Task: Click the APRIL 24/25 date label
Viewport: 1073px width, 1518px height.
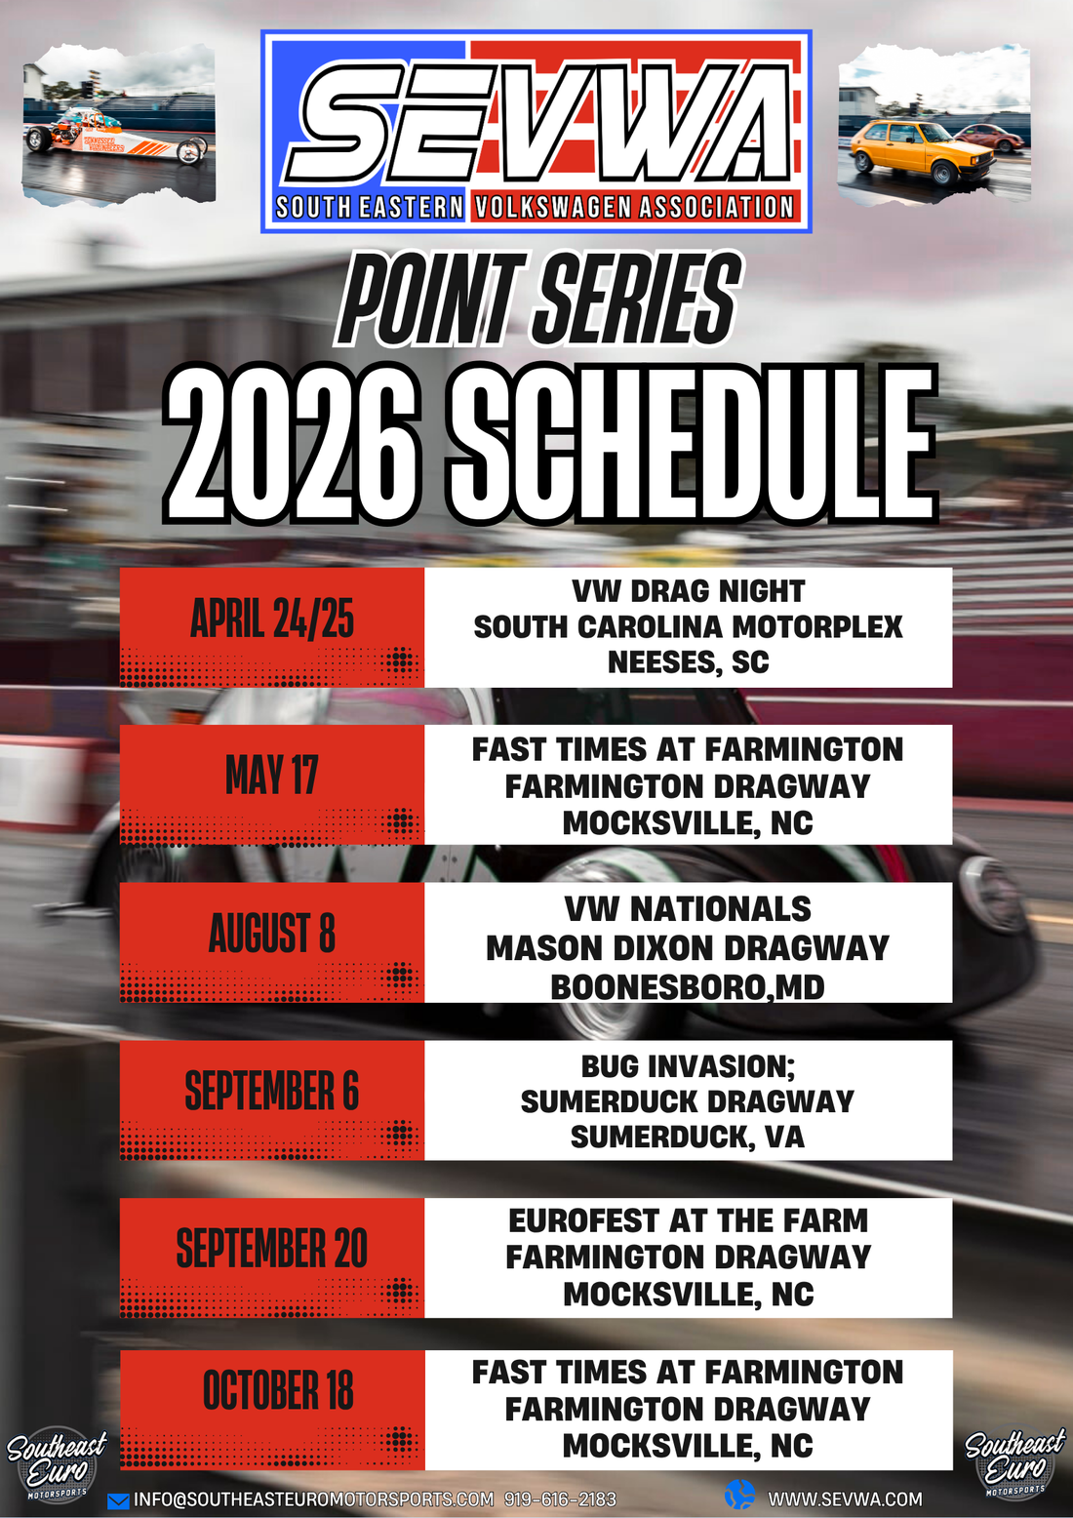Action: [x=272, y=619]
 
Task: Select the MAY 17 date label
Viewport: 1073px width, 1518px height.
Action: [x=272, y=776]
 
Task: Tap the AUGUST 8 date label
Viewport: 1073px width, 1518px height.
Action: [x=272, y=934]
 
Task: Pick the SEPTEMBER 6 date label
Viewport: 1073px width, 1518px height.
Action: [x=272, y=1091]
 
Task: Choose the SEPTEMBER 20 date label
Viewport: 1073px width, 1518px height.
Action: [x=272, y=1249]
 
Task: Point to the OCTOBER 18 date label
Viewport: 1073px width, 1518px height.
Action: [x=278, y=1391]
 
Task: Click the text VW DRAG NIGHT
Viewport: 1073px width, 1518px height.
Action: [x=688, y=591]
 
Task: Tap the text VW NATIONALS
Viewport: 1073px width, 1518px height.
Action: [x=688, y=909]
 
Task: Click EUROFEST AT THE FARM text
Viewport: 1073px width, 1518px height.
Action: [x=688, y=1220]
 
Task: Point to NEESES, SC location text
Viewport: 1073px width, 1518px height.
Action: [x=688, y=662]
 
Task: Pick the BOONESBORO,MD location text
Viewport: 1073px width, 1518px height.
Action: [x=688, y=987]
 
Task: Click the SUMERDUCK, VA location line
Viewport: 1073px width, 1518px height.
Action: [x=688, y=1137]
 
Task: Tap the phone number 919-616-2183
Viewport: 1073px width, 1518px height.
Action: [x=560, y=1499]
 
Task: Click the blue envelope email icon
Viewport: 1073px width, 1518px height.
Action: [x=118, y=1501]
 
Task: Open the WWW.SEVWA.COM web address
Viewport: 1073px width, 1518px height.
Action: [x=845, y=1499]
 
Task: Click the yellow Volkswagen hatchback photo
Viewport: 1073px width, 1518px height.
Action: [x=934, y=123]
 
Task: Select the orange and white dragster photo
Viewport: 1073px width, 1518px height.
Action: [x=119, y=125]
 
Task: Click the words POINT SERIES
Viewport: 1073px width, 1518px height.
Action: [x=538, y=300]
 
